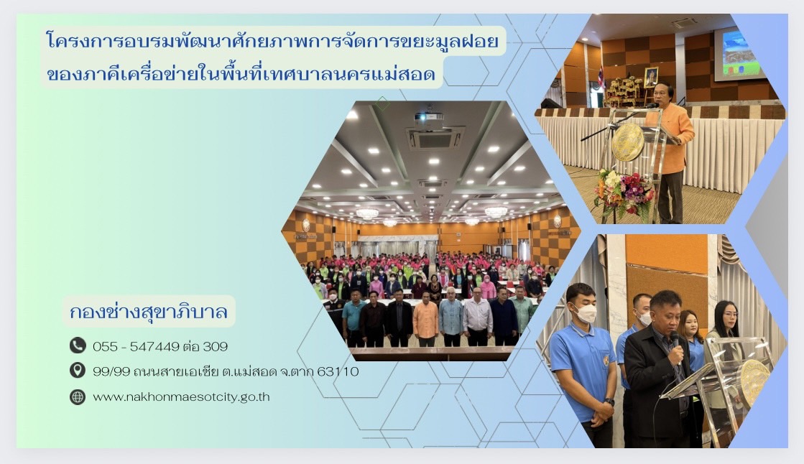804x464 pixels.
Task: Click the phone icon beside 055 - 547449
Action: pos(78,345)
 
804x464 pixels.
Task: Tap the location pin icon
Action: pos(78,371)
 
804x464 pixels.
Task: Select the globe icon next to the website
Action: pos(78,396)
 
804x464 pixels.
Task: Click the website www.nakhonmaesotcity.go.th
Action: pos(181,396)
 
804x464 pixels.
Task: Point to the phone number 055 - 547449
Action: pos(136,346)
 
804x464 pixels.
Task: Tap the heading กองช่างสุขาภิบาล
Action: pos(149,312)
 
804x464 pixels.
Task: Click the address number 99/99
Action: pos(107,371)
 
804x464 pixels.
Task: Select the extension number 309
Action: pos(215,346)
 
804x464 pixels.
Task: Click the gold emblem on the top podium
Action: pos(627,142)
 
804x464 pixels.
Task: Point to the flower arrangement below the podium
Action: pos(623,192)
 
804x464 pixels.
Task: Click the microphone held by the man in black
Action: pos(674,338)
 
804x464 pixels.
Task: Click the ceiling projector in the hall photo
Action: pos(429,117)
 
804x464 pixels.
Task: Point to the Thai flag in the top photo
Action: pos(602,77)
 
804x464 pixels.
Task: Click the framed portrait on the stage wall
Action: pos(651,77)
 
